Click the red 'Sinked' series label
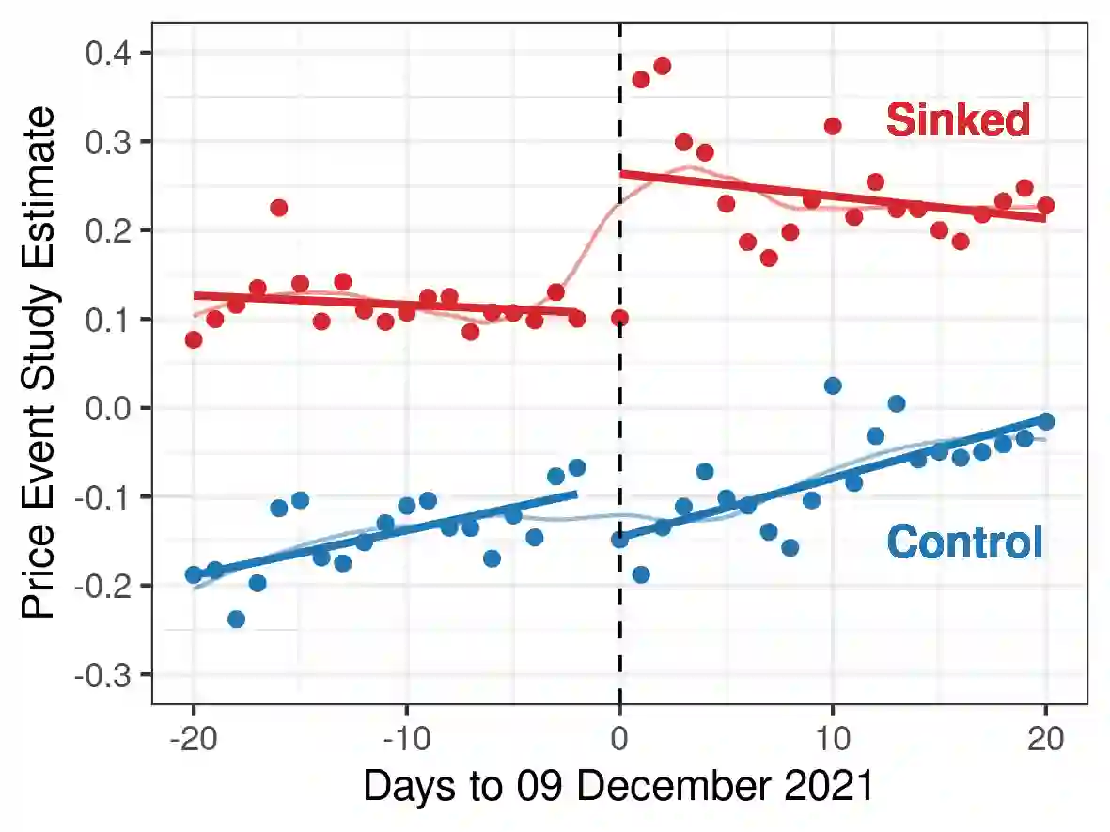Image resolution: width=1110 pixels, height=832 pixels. click(x=959, y=120)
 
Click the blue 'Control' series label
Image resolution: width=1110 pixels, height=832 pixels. click(x=964, y=542)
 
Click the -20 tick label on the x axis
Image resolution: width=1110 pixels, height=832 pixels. click(x=192, y=739)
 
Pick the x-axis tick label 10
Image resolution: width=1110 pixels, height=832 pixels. click(x=832, y=739)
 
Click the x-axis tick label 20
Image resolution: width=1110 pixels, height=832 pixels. click(x=1045, y=739)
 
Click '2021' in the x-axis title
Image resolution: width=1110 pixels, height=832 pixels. click(x=832, y=786)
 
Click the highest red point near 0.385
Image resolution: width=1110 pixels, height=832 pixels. click(x=662, y=66)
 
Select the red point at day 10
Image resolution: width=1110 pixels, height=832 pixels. click(x=832, y=126)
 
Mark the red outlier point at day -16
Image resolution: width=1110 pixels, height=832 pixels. click(x=278, y=208)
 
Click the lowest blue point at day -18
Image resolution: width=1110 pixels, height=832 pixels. click(x=236, y=619)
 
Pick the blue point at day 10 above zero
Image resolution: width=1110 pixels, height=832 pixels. click(x=832, y=385)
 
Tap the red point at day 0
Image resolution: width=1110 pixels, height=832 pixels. click(x=619, y=318)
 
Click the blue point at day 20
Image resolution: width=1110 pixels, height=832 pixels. click(x=1045, y=421)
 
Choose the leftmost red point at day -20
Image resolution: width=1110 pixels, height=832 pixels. click(x=194, y=339)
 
